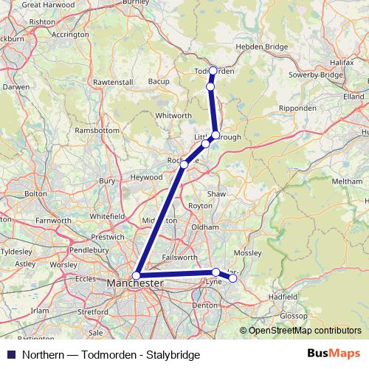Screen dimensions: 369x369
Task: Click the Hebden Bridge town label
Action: [261, 46]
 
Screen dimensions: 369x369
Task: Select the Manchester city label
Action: [135, 283]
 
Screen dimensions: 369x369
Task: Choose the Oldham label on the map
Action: [205, 227]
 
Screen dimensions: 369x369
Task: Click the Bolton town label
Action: [35, 193]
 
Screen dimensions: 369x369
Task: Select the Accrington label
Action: [71, 34]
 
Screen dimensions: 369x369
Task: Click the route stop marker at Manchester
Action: [136, 275]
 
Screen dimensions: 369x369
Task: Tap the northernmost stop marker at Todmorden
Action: [213, 71]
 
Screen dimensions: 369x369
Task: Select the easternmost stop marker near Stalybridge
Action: [232, 278]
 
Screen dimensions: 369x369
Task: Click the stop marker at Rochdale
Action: [184, 164]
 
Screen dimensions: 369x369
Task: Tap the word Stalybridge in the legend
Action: [173, 355]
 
